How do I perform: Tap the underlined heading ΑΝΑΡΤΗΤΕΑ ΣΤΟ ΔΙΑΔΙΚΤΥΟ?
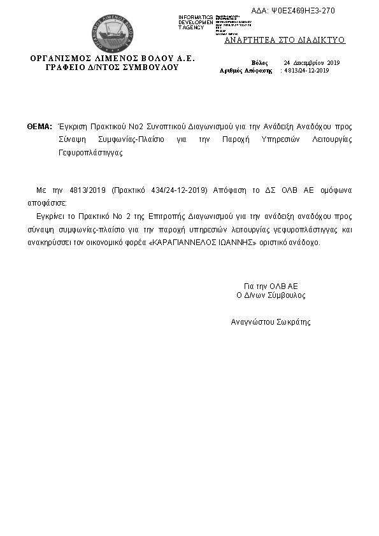click(x=285, y=40)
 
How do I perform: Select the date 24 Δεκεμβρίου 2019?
click(x=312, y=63)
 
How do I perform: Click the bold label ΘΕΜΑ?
click(x=39, y=127)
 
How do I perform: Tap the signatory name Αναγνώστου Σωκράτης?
click(x=271, y=322)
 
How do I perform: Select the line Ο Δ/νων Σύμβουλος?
click(x=271, y=295)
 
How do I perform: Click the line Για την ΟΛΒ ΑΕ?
click(x=271, y=286)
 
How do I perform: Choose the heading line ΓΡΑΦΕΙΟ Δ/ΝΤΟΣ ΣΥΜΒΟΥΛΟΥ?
click(x=112, y=67)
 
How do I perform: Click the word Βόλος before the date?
click(x=260, y=63)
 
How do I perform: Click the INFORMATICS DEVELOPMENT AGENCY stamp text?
click(x=196, y=22)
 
